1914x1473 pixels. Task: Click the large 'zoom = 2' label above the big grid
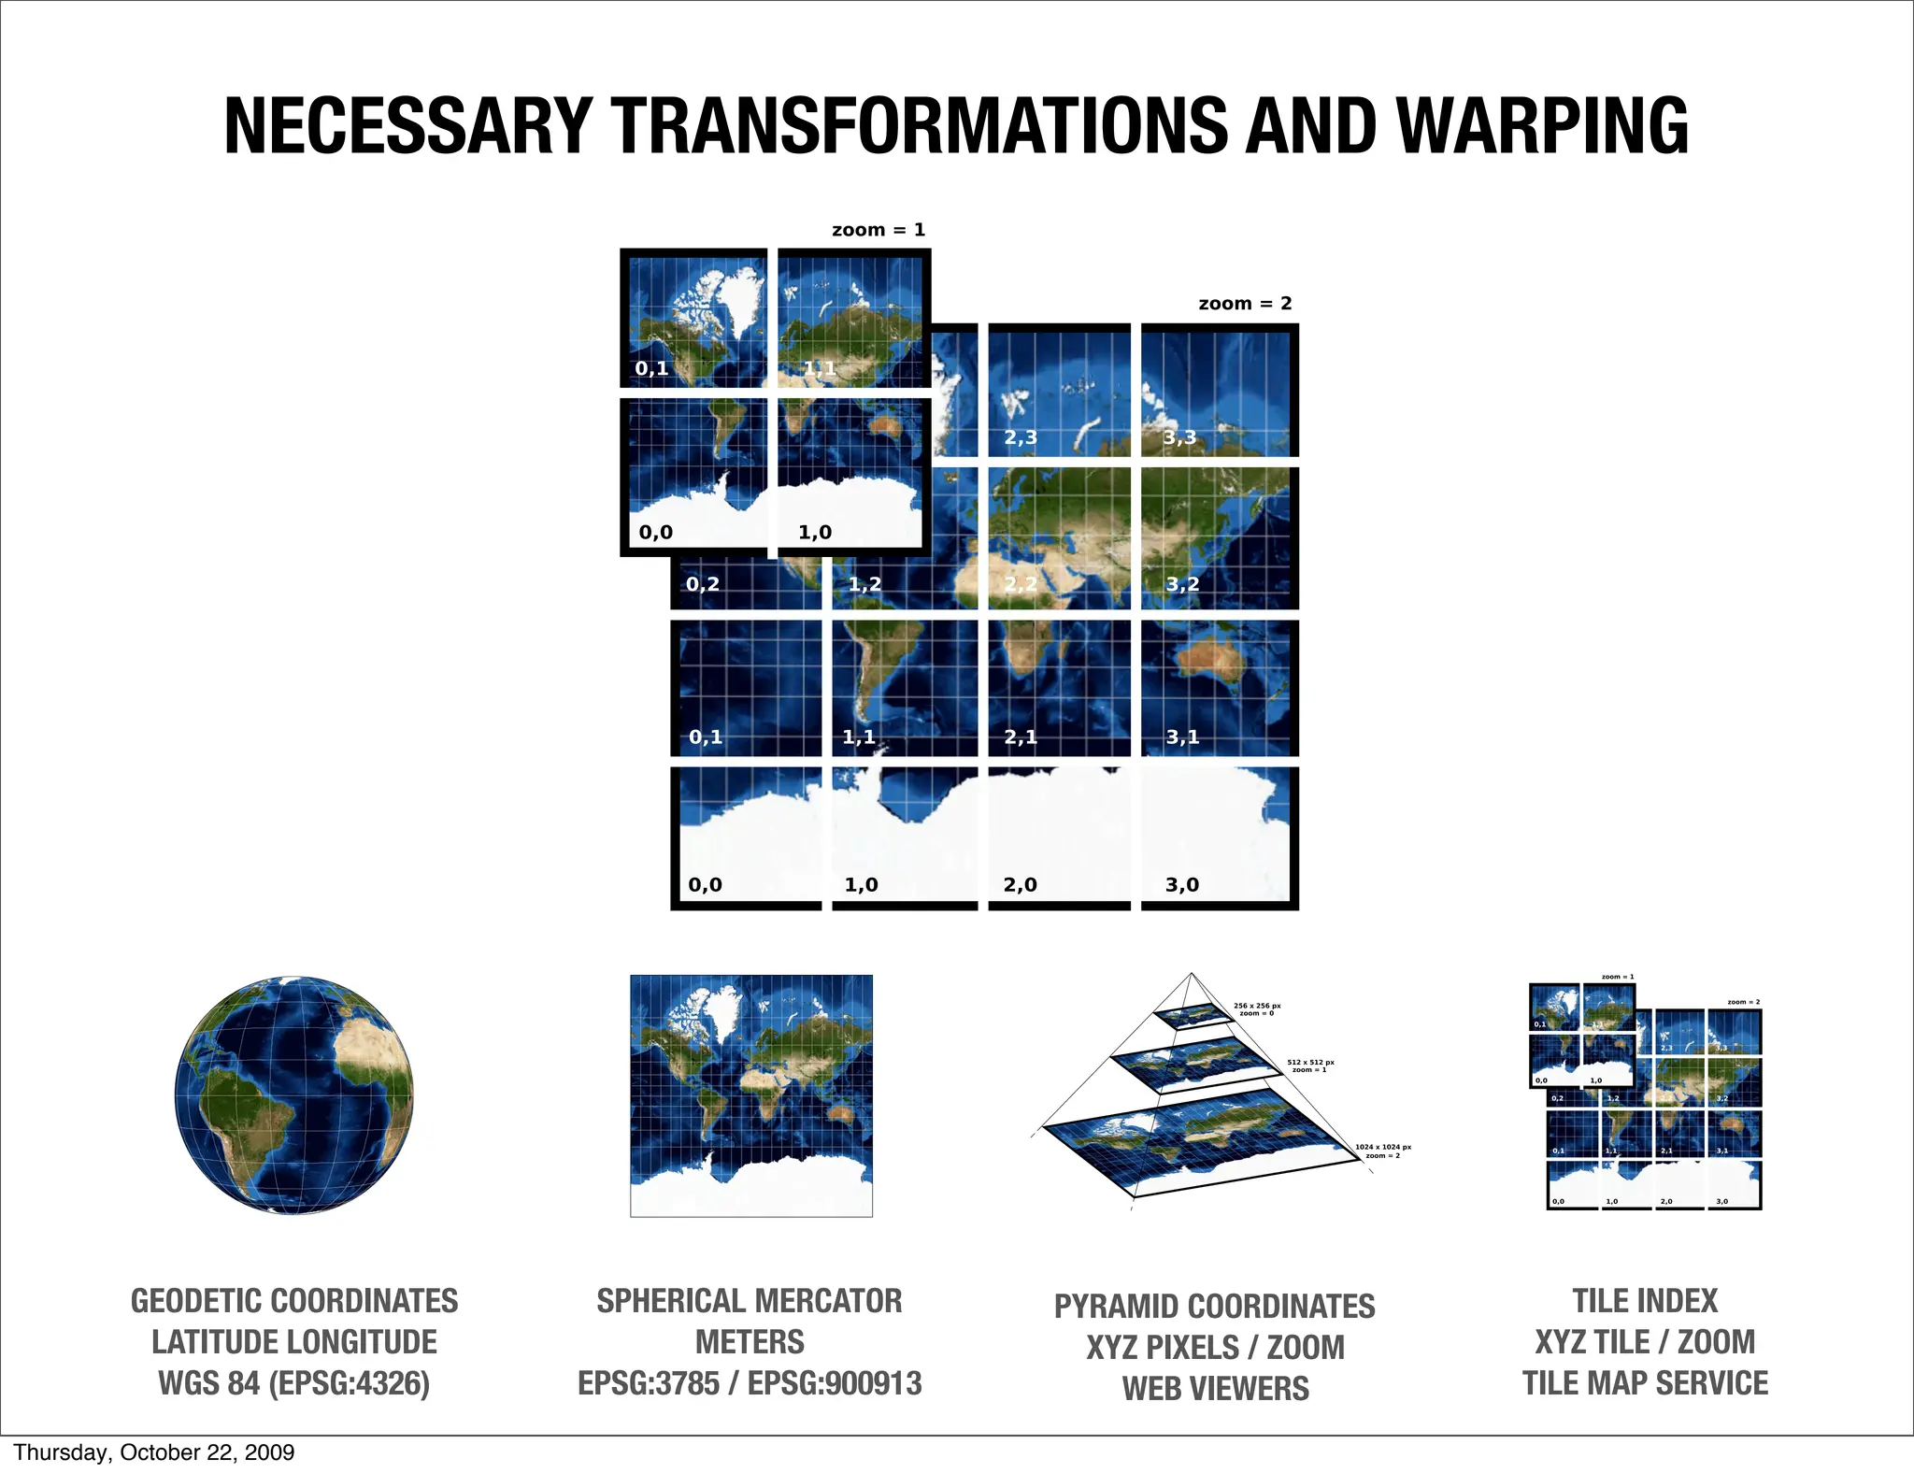pyautogui.click(x=1245, y=304)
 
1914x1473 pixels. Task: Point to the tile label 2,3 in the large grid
pyautogui.click(x=1021, y=437)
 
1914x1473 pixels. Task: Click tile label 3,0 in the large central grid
pyautogui.click(x=1182, y=884)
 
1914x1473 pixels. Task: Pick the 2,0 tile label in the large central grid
pyautogui.click(x=1020, y=884)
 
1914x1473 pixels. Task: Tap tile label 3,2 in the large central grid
pyautogui.click(x=1182, y=584)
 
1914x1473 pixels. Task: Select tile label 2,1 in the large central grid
pyautogui.click(x=1021, y=737)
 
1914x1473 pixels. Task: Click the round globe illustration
pyautogui.click(x=293, y=1095)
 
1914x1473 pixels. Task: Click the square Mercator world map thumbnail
pyautogui.click(x=751, y=1095)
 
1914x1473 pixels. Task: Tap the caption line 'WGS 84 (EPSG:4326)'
pyautogui.click(x=293, y=1383)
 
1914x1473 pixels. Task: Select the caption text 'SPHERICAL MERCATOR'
pyautogui.click(x=750, y=1301)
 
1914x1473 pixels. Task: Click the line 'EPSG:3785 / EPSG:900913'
pyautogui.click(x=750, y=1383)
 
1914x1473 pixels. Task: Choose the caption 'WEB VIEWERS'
pyautogui.click(x=1215, y=1389)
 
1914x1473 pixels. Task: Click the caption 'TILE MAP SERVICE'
pyautogui.click(x=1645, y=1383)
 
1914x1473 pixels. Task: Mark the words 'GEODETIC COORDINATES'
pyautogui.click(x=293, y=1301)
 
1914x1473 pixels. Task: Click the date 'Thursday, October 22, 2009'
pyautogui.click(x=154, y=1452)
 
